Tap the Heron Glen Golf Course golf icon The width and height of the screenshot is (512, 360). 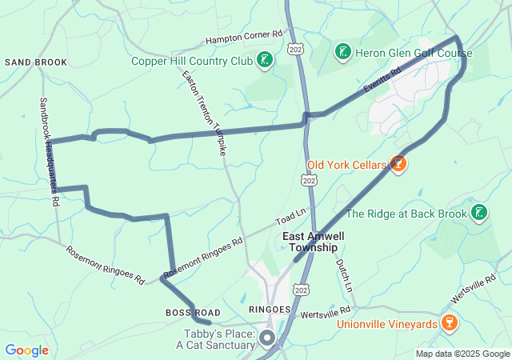[x=342, y=52]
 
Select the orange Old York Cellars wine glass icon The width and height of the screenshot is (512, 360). [x=398, y=165]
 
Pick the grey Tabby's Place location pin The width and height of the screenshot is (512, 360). [x=266, y=339]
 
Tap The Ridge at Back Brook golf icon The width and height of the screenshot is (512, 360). [x=478, y=213]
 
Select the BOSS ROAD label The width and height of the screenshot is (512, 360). [x=193, y=311]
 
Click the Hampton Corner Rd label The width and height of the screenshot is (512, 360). [x=245, y=37]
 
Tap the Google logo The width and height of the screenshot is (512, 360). [x=26, y=350]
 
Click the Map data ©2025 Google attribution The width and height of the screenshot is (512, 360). [x=462, y=354]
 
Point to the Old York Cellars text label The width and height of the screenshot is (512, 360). [x=346, y=166]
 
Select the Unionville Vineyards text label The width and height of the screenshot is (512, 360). [x=386, y=324]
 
